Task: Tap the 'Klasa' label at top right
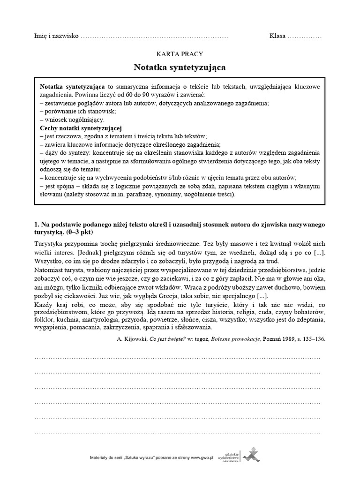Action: coord(277,37)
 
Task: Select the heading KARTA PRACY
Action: coord(180,54)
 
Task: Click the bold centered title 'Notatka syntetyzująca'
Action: coord(180,67)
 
